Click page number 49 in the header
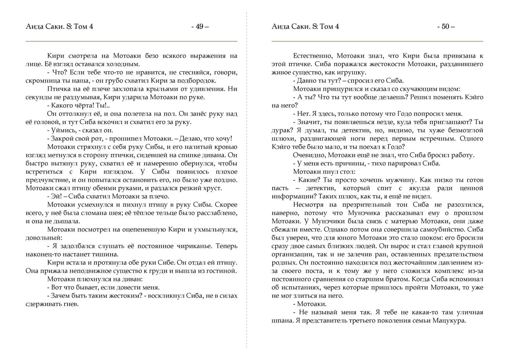pos(199,26)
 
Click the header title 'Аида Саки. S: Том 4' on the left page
pos(59,26)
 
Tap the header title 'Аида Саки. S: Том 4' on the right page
pos(305,26)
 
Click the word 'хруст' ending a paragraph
pos(214,188)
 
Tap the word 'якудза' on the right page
pos(421,188)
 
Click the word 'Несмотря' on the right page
pos(308,205)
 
